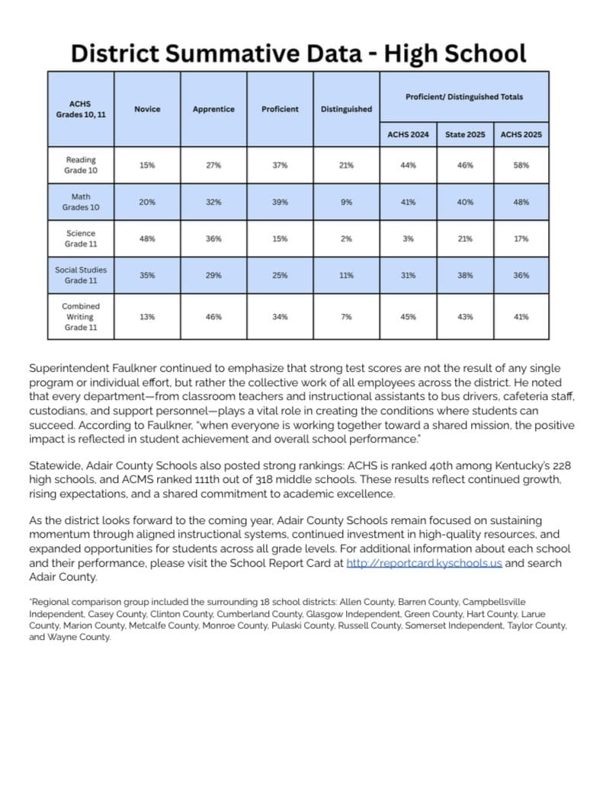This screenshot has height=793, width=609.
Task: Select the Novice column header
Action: (147, 109)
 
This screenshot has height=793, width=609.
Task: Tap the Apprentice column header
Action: (213, 109)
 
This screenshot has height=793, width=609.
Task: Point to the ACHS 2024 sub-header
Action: (408, 135)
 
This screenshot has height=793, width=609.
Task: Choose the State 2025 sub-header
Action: (465, 135)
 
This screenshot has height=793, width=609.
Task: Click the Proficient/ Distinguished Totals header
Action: (464, 97)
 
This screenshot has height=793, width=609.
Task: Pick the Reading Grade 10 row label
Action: (81, 165)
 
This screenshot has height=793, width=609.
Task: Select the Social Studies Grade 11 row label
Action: (81, 275)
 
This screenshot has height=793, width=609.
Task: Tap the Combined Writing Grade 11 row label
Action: (81, 316)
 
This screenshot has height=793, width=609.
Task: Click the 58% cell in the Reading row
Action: (521, 165)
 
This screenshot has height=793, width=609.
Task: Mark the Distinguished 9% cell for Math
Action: (346, 202)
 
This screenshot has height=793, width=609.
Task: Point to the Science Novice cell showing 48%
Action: (147, 238)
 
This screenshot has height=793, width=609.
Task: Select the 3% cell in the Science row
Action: (408, 238)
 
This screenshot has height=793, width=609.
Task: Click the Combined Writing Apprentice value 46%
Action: (213, 316)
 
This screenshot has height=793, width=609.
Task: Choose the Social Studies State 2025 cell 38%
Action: (465, 275)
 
